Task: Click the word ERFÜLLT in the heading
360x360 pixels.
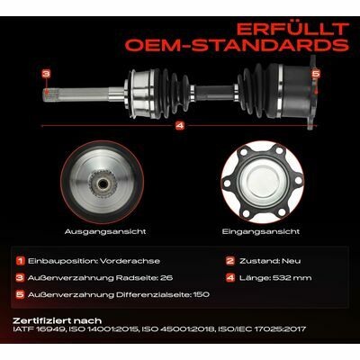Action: (292, 29)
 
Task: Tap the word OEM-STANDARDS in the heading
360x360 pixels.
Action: (238, 45)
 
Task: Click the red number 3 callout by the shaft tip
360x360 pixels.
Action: (46, 74)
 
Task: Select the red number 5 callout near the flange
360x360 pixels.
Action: (315, 74)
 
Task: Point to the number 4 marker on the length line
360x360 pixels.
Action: (180, 126)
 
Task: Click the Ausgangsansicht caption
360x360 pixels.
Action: (105, 231)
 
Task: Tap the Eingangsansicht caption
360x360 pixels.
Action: (261, 231)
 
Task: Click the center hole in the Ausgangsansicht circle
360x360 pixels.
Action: (103, 183)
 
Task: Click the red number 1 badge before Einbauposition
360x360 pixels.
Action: (20, 261)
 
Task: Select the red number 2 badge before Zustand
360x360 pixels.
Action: (230, 261)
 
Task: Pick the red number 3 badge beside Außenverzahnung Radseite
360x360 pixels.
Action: (20, 278)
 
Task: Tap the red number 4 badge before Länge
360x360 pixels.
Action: (230, 278)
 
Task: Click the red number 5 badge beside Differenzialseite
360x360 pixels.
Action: (20, 294)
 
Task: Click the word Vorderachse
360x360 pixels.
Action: (130, 261)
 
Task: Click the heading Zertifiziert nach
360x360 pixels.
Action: (58, 320)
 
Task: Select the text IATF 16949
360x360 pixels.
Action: (39, 329)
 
